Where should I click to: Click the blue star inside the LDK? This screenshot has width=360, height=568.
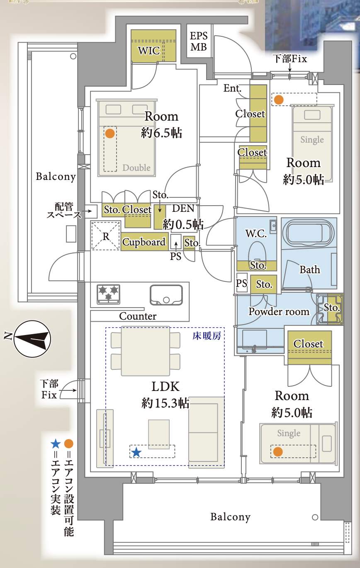[x=136, y=452]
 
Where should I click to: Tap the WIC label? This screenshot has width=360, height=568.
[x=149, y=51]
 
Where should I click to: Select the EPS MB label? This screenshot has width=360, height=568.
[x=199, y=41]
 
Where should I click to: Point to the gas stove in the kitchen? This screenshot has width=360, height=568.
[x=108, y=294]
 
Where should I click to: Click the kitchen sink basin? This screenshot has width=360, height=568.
[x=166, y=295]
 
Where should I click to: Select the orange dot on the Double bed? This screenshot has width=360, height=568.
[x=110, y=134]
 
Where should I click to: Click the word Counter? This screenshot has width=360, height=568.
[x=138, y=316]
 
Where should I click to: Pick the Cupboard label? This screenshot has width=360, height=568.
[x=144, y=242]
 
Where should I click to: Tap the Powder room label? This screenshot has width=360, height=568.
[x=279, y=312]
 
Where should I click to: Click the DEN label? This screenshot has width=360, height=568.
[x=183, y=208]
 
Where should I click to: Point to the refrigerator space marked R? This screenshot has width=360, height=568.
[x=105, y=236]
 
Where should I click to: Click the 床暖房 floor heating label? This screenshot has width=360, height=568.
[x=207, y=336]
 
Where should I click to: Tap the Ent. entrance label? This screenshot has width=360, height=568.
[x=232, y=88]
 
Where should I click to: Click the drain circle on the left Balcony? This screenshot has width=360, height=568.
[x=73, y=56]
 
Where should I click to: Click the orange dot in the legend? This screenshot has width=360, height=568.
[x=69, y=444]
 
